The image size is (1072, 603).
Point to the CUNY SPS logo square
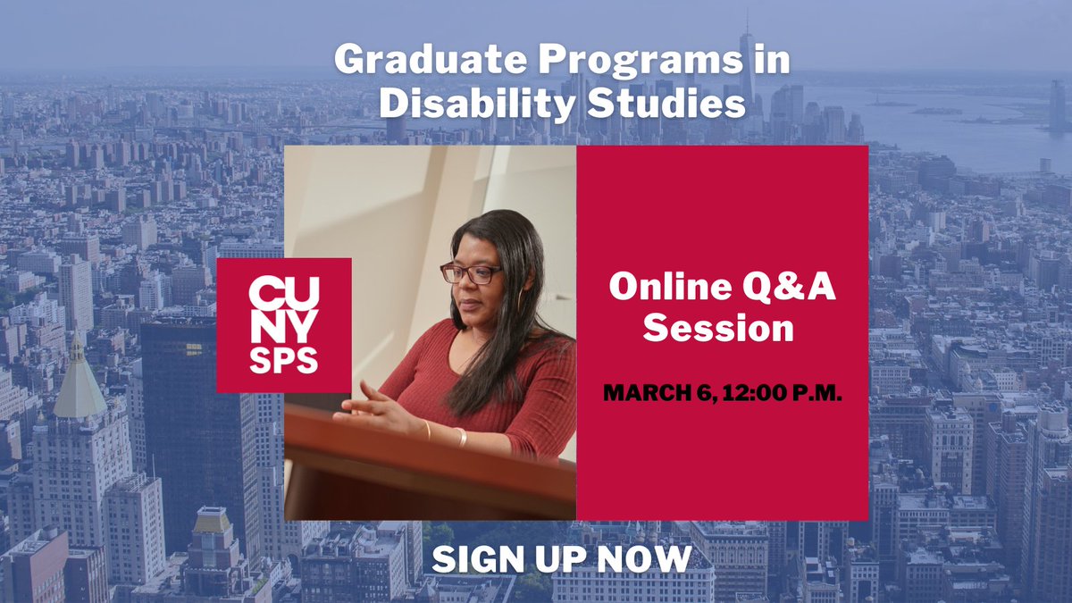click(x=283, y=325)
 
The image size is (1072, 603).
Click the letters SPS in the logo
click(x=283, y=361)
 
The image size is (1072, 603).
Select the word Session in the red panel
click(x=718, y=328)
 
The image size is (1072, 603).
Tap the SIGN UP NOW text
click(x=562, y=558)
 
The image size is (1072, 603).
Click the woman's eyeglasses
click(x=470, y=274)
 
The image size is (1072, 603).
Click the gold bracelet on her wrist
click(x=461, y=436)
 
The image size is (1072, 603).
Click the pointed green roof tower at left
click(x=80, y=384)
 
